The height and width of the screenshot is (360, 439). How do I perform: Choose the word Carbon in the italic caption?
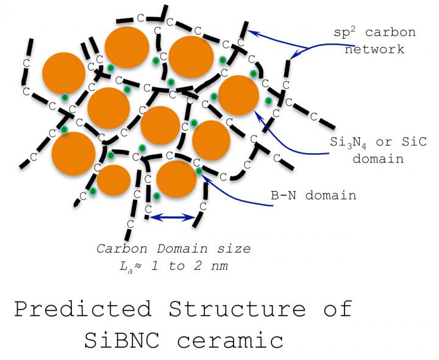(121, 249)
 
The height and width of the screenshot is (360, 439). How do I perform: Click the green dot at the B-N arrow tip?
(199, 171)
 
